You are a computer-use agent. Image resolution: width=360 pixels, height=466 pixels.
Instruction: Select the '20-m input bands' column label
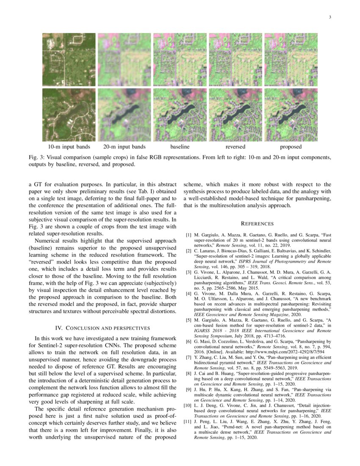click(124, 147)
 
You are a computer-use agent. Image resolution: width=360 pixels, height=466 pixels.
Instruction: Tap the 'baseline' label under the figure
click(180, 147)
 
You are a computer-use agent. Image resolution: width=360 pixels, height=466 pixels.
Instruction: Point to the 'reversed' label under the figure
click(235, 147)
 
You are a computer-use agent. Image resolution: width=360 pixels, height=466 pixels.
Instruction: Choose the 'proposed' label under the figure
click(291, 147)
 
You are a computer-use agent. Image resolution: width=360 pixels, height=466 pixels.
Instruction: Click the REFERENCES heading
click(257, 224)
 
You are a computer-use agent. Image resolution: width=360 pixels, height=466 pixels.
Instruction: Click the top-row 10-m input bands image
click(69, 59)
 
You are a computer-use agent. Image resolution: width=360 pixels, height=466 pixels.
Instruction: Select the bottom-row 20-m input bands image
click(124, 115)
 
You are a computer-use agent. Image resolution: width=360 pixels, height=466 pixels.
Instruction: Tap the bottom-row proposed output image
click(291, 115)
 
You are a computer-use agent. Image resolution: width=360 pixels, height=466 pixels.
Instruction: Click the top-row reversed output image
click(235, 59)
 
